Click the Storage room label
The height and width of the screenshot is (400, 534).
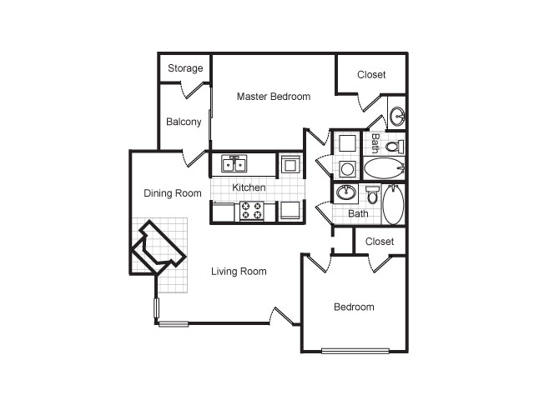tap(185, 68)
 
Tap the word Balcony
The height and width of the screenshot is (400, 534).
tap(184, 122)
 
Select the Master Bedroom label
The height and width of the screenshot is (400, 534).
tap(274, 97)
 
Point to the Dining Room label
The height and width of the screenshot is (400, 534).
tap(173, 193)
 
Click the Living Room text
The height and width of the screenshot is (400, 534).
tap(239, 272)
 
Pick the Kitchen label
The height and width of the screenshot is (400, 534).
tap(249, 187)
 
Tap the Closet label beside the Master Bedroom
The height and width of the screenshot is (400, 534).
tap(371, 74)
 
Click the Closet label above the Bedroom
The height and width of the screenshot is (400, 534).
tap(380, 242)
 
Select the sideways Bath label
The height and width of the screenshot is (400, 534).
tap(375, 142)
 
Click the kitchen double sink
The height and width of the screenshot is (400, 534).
tap(234, 163)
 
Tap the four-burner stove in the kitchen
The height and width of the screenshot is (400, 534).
tap(252, 211)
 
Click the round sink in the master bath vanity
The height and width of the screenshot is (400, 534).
tap(396, 116)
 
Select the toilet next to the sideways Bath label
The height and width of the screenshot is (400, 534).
tap(395, 147)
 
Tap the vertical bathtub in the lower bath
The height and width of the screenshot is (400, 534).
tap(393, 204)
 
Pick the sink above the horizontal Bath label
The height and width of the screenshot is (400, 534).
tap(345, 192)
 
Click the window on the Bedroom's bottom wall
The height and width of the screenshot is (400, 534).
tap(355, 351)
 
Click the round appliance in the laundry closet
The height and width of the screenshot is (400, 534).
tap(347, 169)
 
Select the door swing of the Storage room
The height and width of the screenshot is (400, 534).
tap(193, 90)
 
